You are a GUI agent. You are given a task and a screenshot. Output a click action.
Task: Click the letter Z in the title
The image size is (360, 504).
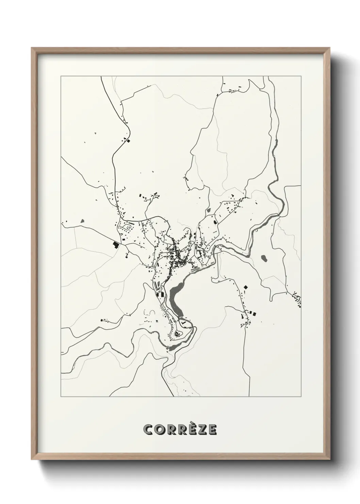pyautogui.click(x=201, y=430)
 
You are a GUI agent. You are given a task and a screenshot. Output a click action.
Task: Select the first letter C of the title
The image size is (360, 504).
pyautogui.click(x=149, y=430)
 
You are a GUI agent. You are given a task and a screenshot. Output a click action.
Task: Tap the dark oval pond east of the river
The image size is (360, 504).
pyautogui.click(x=264, y=259)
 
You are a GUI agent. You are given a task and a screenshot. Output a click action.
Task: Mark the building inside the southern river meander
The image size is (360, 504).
pyautogui.click(x=177, y=334)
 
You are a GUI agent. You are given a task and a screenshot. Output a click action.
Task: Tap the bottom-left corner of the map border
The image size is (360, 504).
pyautogui.click(x=61, y=397)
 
